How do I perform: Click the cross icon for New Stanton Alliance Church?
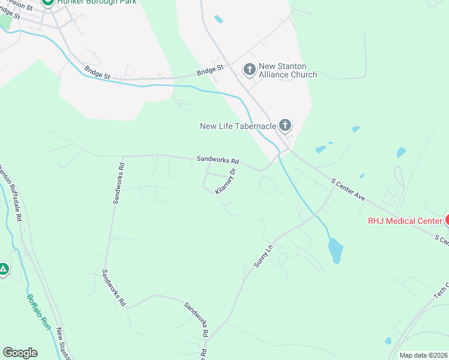click(249, 70)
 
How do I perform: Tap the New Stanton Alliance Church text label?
click(288, 70)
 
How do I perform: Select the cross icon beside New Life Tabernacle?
click(285, 125)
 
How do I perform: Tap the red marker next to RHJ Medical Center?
click(447, 220)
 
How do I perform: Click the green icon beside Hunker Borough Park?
click(48, 2)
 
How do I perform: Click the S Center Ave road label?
click(348, 188)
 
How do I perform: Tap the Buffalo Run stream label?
click(38, 311)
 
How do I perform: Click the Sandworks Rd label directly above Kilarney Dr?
click(218, 161)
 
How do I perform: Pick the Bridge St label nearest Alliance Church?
click(210, 70)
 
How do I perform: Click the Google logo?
click(20, 353)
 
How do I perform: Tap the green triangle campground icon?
click(4, 269)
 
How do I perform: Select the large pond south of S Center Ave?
click(336, 250)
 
